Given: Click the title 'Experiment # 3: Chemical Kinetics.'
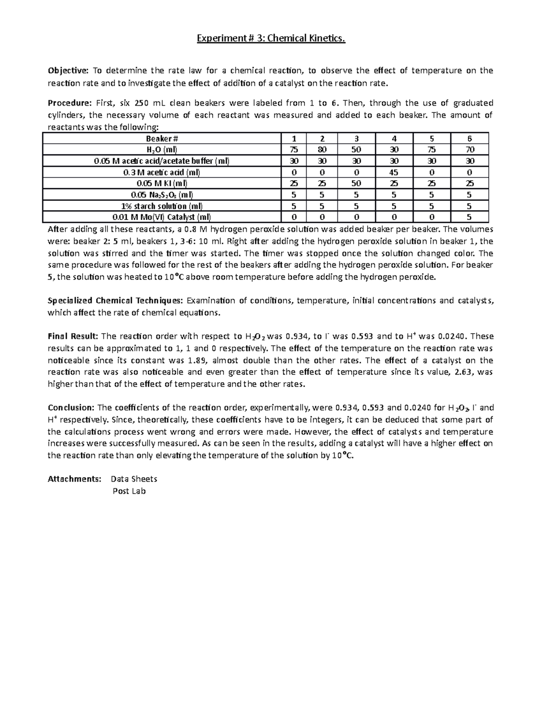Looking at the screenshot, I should point(271,39).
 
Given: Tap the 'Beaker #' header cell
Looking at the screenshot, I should point(162,139).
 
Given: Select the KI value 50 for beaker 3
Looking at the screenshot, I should point(356,184).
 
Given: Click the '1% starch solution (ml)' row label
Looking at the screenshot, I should point(162,206).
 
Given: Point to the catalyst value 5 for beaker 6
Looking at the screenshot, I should point(469,217).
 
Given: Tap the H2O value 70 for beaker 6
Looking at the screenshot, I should point(469,150).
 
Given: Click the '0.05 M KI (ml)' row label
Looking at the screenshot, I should point(162,184).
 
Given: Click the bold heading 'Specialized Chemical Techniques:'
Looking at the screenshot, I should point(115,301).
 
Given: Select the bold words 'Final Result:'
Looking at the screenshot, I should point(73,336).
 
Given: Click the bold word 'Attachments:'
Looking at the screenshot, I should point(75,479).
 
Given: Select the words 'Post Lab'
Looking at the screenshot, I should point(129,491).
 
